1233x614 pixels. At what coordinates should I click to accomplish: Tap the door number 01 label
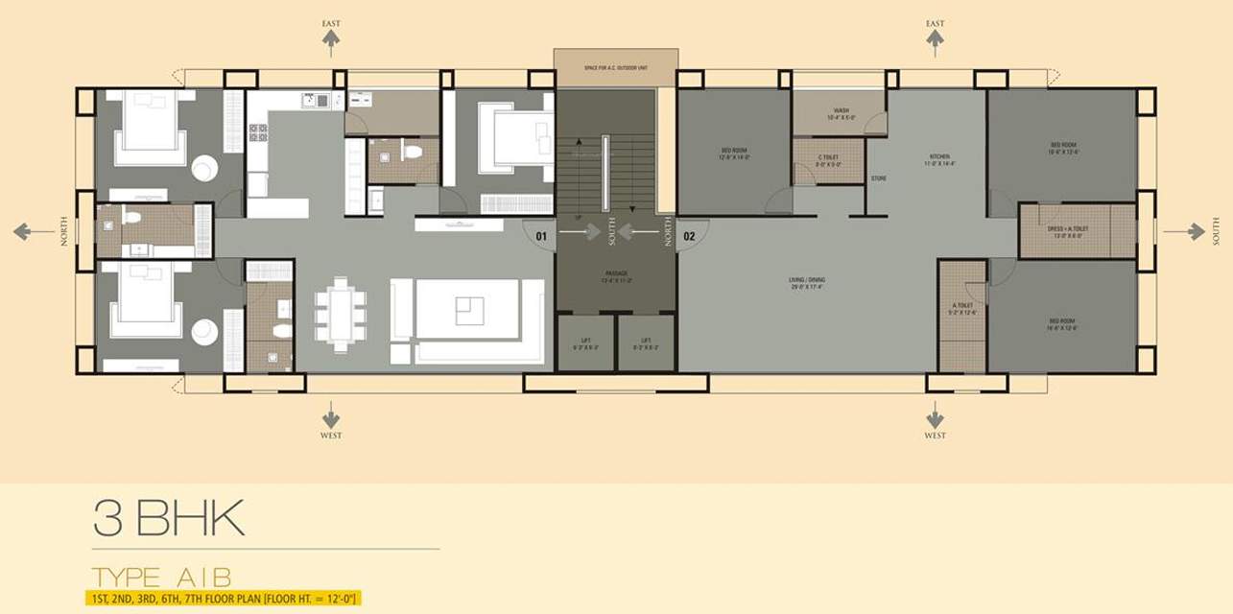click(541, 234)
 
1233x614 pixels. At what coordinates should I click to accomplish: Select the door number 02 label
click(689, 235)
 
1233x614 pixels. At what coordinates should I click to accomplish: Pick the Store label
click(878, 179)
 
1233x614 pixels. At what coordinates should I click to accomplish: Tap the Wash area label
click(842, 114)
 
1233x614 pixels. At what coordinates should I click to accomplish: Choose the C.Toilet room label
click(829, 160)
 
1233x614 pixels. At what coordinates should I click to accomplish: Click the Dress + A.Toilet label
click(1065, 231)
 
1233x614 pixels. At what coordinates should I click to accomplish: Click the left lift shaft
click(585, 343)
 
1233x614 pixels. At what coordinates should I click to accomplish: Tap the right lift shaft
click(646, 343)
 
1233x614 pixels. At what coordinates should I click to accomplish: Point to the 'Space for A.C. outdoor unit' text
click(615, 67)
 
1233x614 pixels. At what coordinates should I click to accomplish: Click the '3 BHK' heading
click(169, 519)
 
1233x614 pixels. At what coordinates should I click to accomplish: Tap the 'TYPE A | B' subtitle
click(161, 578)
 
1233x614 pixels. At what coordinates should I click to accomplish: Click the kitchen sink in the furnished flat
click(315, 100)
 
